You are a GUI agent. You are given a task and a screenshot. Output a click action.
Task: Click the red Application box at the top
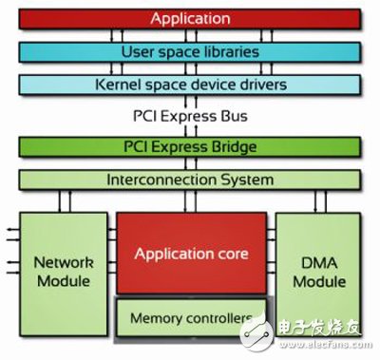[x=190, y=18]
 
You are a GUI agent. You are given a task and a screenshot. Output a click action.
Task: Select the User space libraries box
[x=190, y=50]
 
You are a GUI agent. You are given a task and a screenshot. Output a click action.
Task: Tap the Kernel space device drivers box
[x=190, y=84]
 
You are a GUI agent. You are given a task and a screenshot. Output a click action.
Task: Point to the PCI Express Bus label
[x=191, y=119]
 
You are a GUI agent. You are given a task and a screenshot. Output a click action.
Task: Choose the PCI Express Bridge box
[x=190, y=147]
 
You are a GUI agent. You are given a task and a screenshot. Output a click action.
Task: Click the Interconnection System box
[x=190, y=179]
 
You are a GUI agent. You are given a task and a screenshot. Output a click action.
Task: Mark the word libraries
[x=224, y=50]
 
